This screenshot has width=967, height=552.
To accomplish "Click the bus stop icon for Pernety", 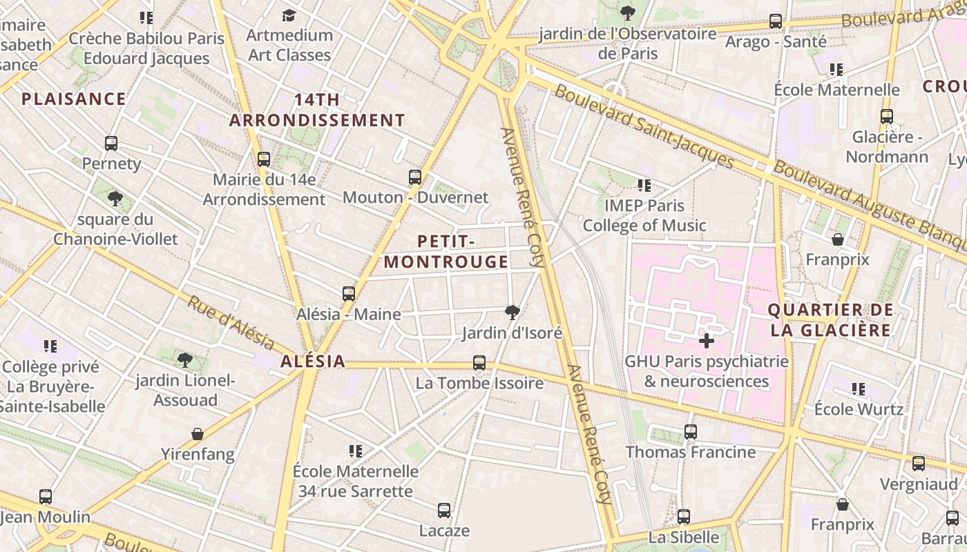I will point(111,144).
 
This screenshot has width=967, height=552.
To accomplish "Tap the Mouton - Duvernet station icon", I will point(415,177).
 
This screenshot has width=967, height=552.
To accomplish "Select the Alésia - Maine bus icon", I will point(349,294).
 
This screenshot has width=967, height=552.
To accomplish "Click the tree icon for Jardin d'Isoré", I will point(512,313).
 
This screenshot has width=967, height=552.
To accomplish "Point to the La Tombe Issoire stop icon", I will point(479,362).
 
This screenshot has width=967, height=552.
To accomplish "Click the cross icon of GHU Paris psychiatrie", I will point(706,341).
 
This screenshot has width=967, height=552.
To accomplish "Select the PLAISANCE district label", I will point(74,99).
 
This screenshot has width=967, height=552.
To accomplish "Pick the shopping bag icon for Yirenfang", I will point(198,434).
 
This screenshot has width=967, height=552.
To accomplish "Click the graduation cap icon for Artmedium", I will point(289,15).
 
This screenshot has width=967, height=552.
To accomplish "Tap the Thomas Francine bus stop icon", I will point(690,432).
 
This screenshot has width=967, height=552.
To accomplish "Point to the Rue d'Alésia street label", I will point(231,322).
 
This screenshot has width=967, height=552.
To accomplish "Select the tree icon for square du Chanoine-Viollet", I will point(115,199).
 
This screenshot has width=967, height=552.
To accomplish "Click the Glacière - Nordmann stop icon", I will point(887,117).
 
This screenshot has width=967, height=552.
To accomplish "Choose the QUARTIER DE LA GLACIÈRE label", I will point(831,320).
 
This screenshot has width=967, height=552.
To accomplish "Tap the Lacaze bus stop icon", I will point(444,511).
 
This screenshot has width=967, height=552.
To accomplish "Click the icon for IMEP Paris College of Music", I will point(644,185).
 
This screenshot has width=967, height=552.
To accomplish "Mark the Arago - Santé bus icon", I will point(776,21).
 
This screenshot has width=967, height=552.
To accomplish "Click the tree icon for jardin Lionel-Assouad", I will point(184,359).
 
